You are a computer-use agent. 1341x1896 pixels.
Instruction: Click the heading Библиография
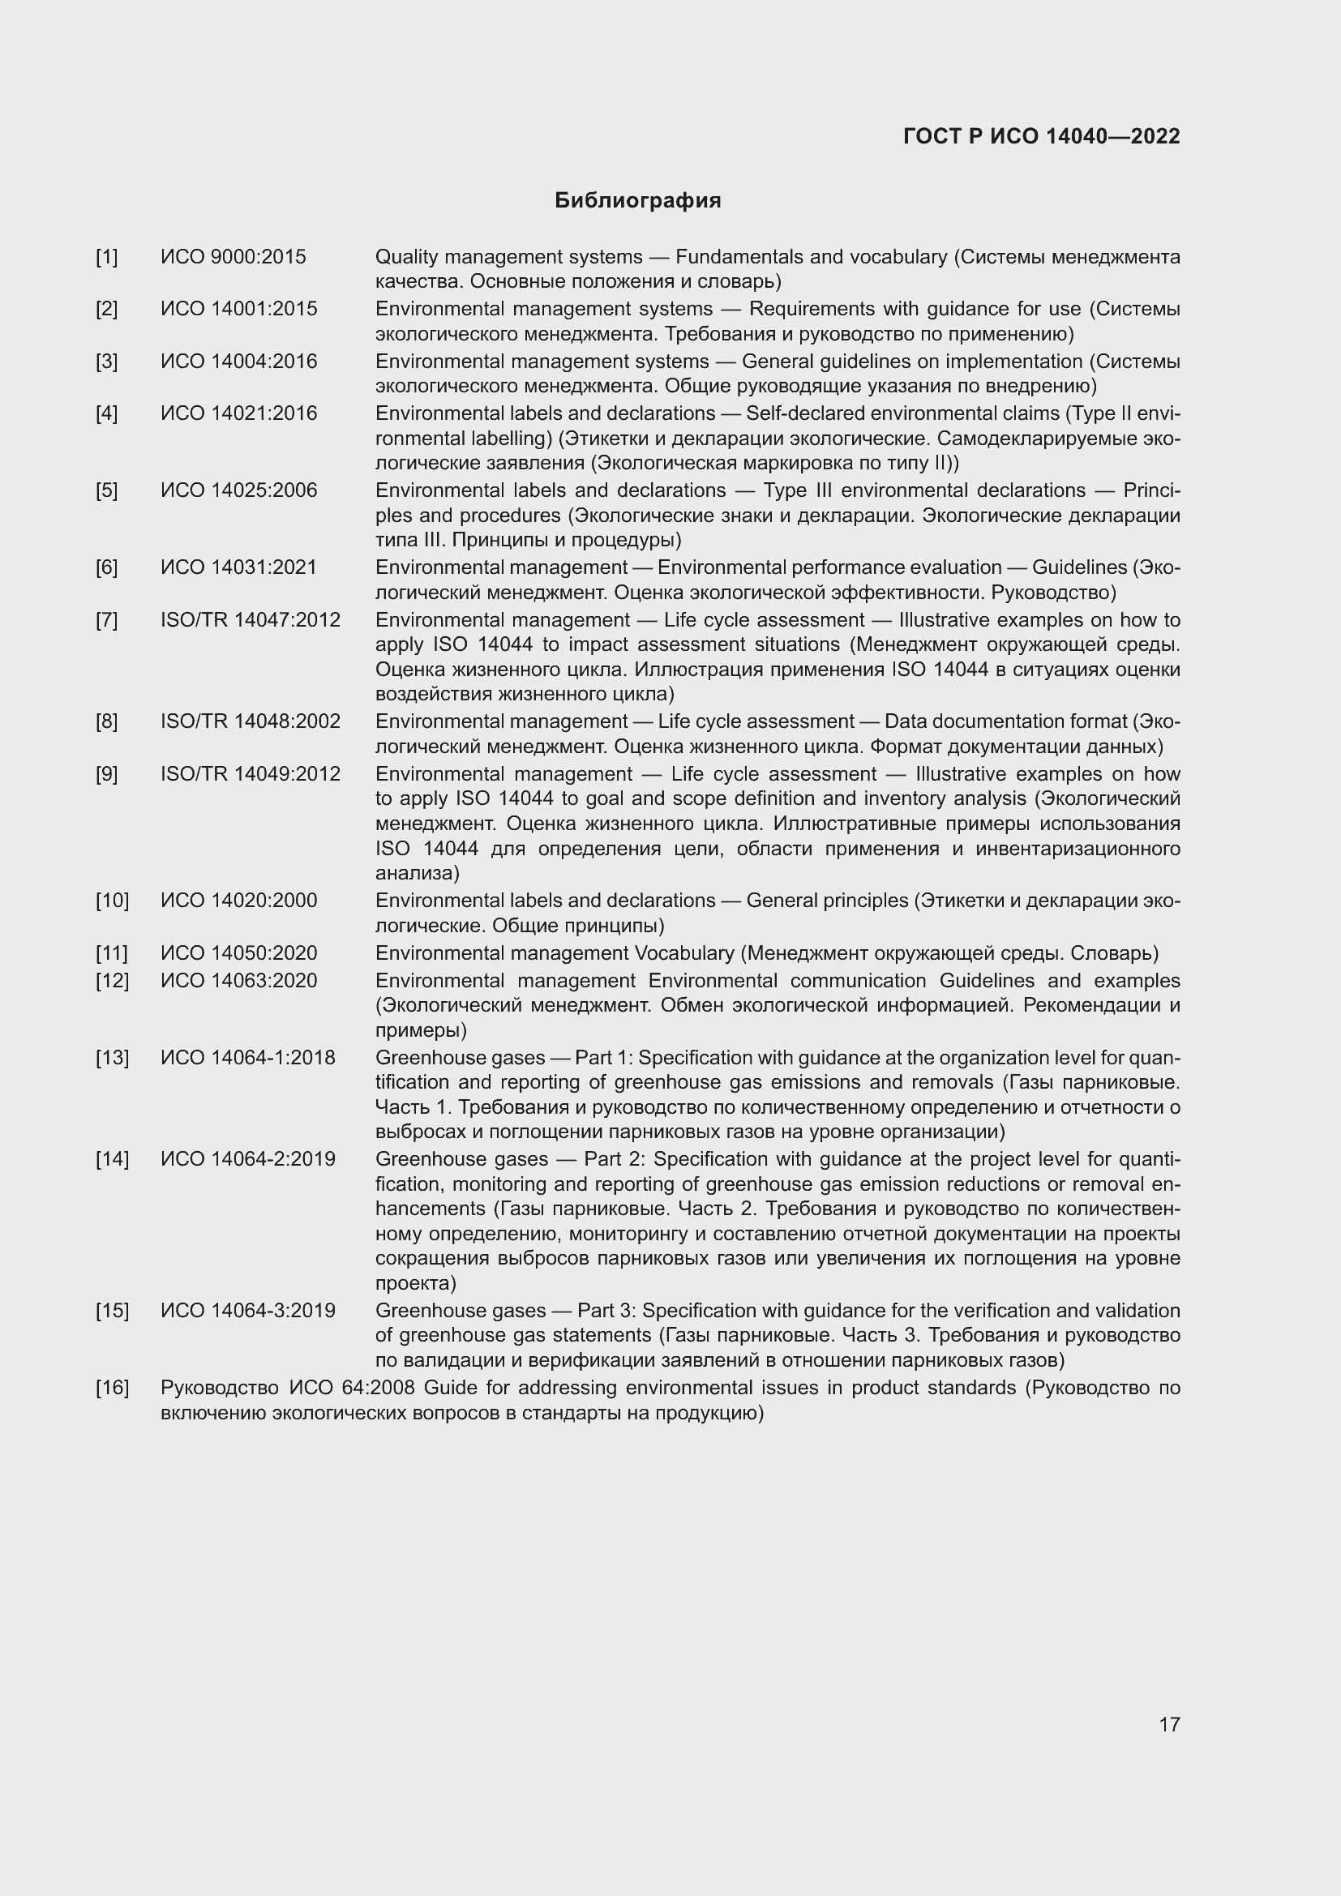[637, 201]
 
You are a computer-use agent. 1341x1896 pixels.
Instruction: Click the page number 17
[1169, 1724]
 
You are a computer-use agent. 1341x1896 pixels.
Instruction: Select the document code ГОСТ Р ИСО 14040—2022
[1041, 136]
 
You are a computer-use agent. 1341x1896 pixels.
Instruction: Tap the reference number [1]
[106, 257]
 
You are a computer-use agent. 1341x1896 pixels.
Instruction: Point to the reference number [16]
[113, 1388]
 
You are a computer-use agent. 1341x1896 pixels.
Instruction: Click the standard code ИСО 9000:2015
[233, 257]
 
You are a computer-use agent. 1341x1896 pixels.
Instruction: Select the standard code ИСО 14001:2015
[238, 309]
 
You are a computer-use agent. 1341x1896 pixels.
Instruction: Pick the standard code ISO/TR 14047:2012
[251, 620]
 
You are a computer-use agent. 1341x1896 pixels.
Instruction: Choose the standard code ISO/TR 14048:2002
[251, 721]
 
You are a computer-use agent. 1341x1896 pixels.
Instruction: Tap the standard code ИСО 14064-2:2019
[248, 1159]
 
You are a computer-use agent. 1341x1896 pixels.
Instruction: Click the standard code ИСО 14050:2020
[238, 953]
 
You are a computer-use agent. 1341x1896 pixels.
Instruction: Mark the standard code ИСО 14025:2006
[238, 490]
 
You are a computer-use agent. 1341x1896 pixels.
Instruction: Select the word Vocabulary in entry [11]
[683, 953]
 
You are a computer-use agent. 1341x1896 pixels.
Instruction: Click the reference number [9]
[106, 774]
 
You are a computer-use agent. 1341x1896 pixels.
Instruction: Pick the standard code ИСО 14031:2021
[238, 567]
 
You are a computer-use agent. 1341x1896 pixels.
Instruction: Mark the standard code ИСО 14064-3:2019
[248, 1311]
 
